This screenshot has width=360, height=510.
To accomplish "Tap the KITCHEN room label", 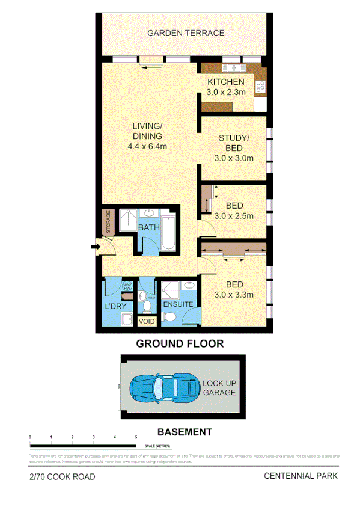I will click(225, 82).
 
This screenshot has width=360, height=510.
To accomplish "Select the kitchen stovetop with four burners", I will click(261, 87).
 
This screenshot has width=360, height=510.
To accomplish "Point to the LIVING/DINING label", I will click(147, 131).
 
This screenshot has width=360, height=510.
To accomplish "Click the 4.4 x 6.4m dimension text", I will click(147, 146).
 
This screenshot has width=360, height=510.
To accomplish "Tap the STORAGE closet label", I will click(108, 222).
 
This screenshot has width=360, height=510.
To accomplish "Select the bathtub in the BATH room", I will click(168, 232).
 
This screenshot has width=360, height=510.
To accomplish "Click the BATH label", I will click(148, 228).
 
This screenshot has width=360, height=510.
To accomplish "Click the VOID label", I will click(147, 322).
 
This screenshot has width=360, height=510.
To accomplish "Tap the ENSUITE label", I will click(178, 304).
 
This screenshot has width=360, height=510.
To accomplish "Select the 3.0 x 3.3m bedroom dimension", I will click(234, 295).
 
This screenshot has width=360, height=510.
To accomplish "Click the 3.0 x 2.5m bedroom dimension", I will click(234, 216).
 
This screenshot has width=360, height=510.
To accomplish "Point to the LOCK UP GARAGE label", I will click(219, 388).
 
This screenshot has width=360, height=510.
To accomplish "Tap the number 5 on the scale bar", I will click(136, 437).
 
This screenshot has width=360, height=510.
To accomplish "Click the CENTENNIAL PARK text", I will click(301, 476).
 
